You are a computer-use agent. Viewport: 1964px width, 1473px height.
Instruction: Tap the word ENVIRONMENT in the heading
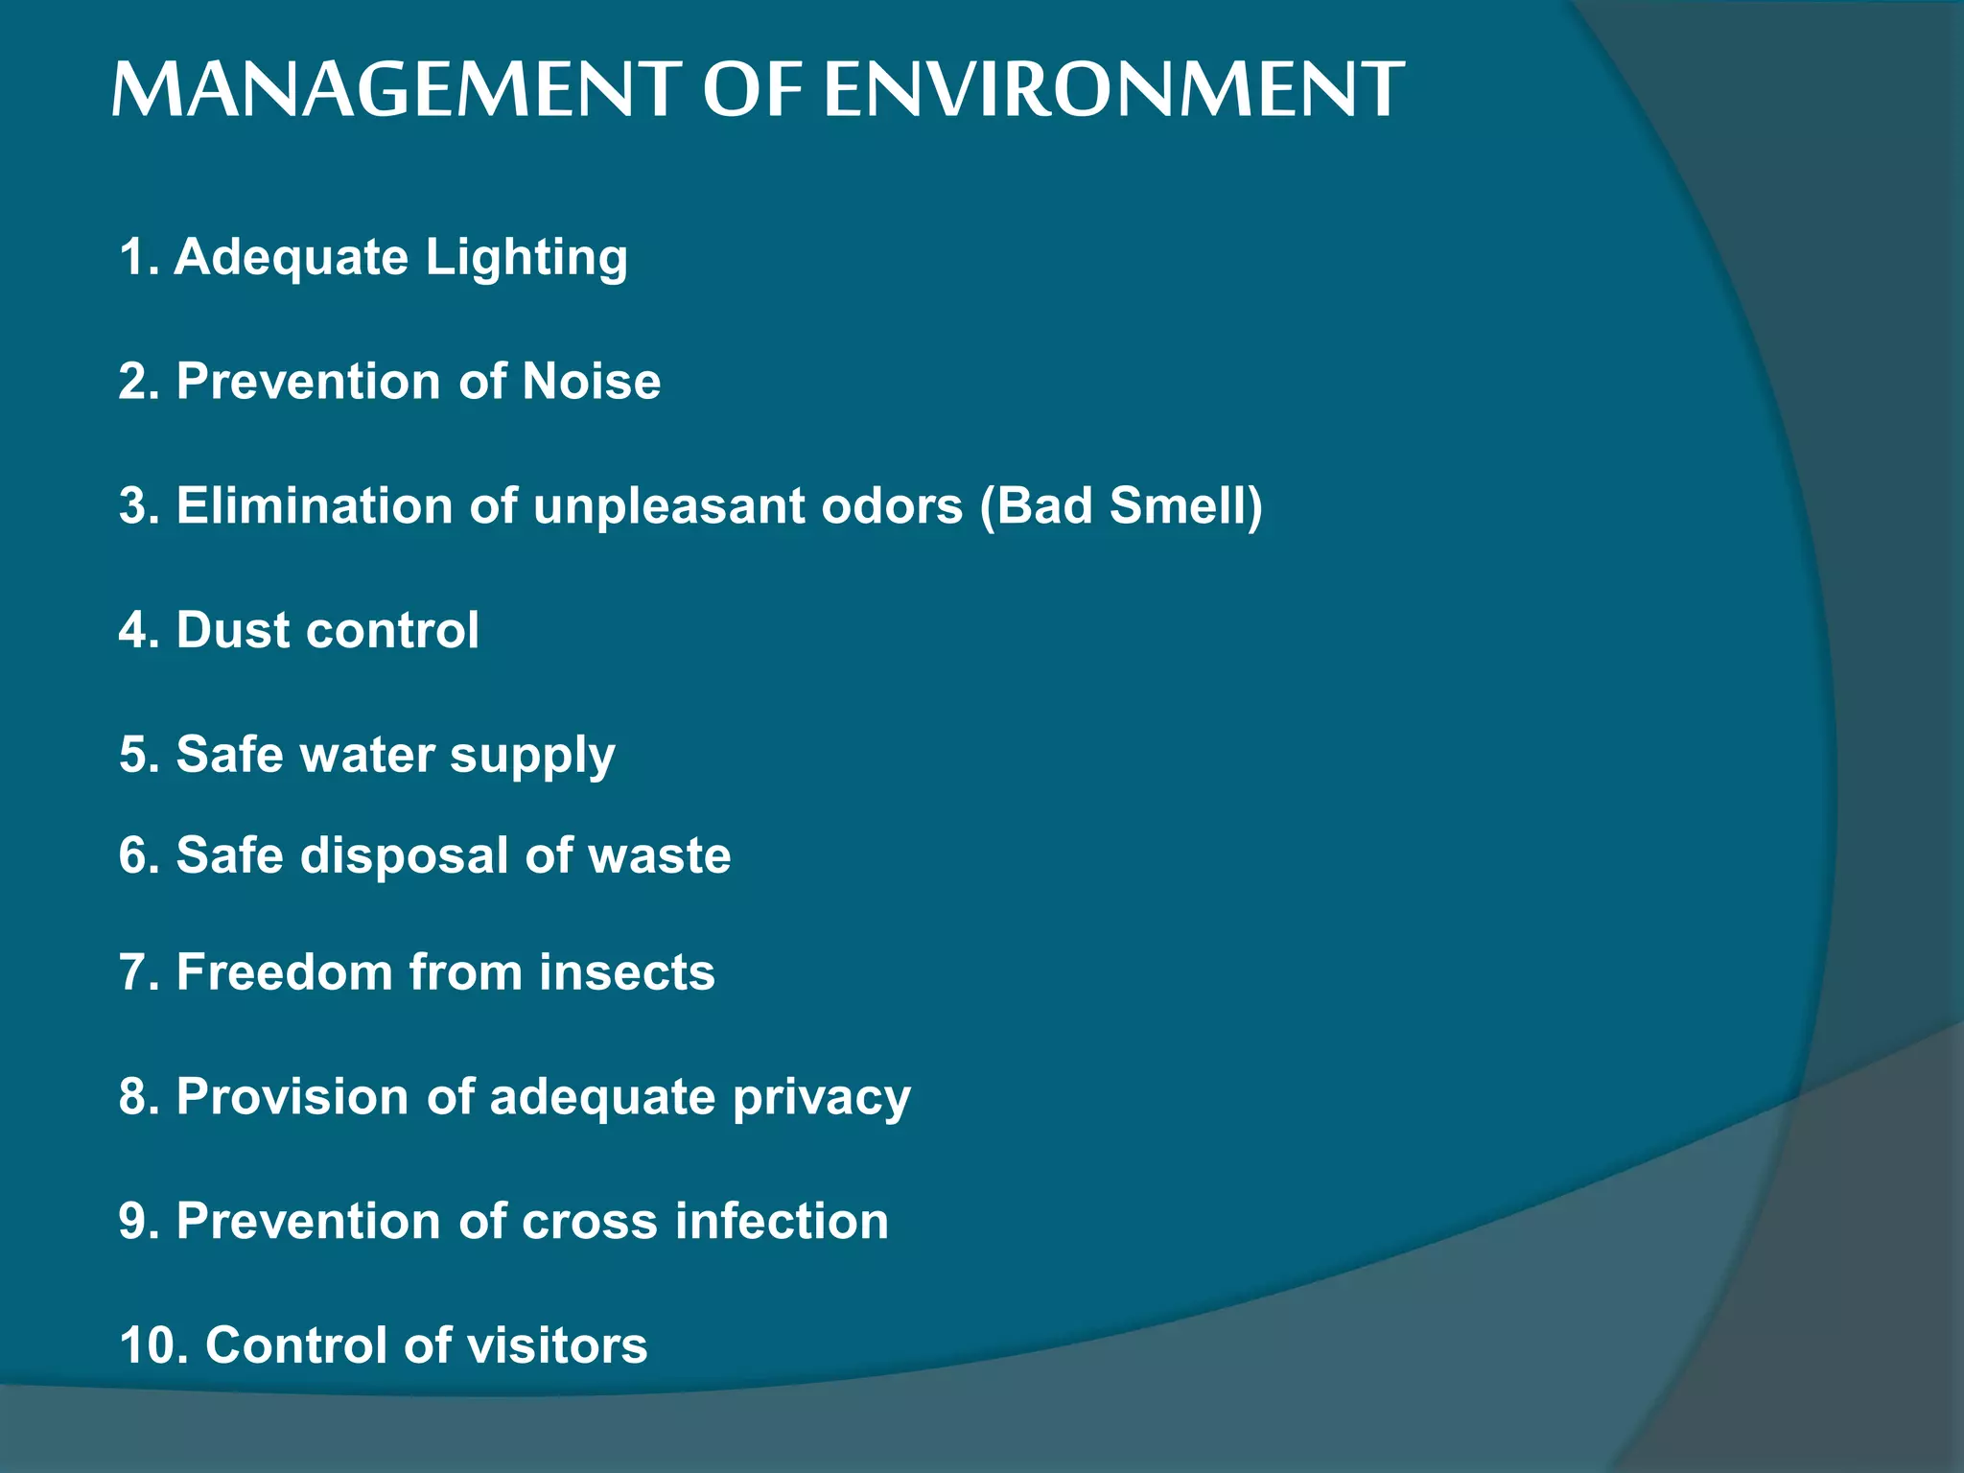(1113, 90)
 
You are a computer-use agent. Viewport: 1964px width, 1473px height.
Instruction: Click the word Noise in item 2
(591, 382)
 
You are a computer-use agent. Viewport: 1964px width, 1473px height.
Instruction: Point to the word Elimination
(314, 505)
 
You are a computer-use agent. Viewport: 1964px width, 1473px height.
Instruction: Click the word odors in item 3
(891, 505)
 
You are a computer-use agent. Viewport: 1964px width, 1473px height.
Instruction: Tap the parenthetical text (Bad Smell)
(1121, 505)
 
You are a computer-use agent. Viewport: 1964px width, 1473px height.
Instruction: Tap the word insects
(626, 972)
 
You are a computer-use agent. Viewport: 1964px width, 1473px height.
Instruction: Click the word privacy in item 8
(821, 1098)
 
